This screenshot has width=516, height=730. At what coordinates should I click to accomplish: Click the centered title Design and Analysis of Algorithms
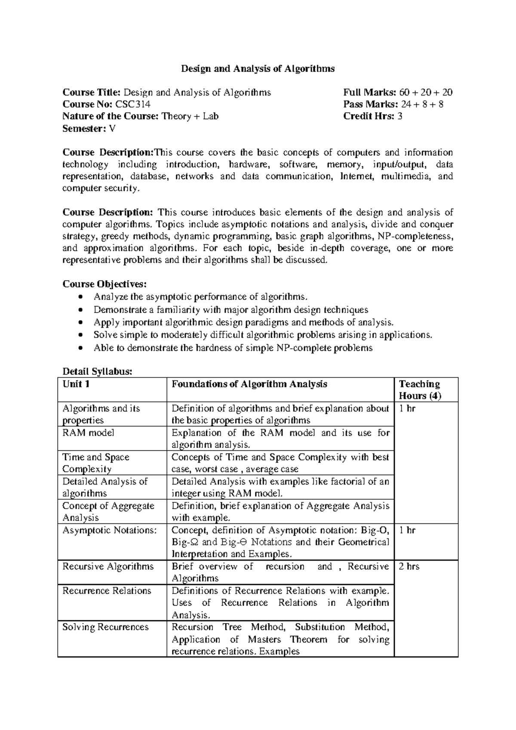(x=257, y=68)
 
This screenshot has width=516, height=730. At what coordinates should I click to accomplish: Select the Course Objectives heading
(x=104, y=284)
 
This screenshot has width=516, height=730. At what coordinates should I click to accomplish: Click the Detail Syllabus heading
(x=97, y=371)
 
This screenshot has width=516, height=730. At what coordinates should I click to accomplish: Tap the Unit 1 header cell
(x=76, y=384)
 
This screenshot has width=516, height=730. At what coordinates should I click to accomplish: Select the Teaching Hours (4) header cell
(x=420, y=390)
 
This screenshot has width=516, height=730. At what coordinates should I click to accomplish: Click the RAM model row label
(x=88, y=433)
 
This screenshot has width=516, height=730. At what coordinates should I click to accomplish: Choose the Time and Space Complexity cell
(x=95, y=463)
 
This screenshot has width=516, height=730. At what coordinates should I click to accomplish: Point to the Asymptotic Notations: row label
(x=110, y=530)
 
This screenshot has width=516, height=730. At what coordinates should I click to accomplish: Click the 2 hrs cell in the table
(x=409, y=566)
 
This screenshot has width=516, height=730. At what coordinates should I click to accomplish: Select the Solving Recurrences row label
(x=105, y=627)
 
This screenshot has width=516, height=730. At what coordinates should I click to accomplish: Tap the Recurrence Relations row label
(x=107, y=591)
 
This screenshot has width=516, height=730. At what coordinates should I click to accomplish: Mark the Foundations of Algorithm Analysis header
(x=249, y=384)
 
